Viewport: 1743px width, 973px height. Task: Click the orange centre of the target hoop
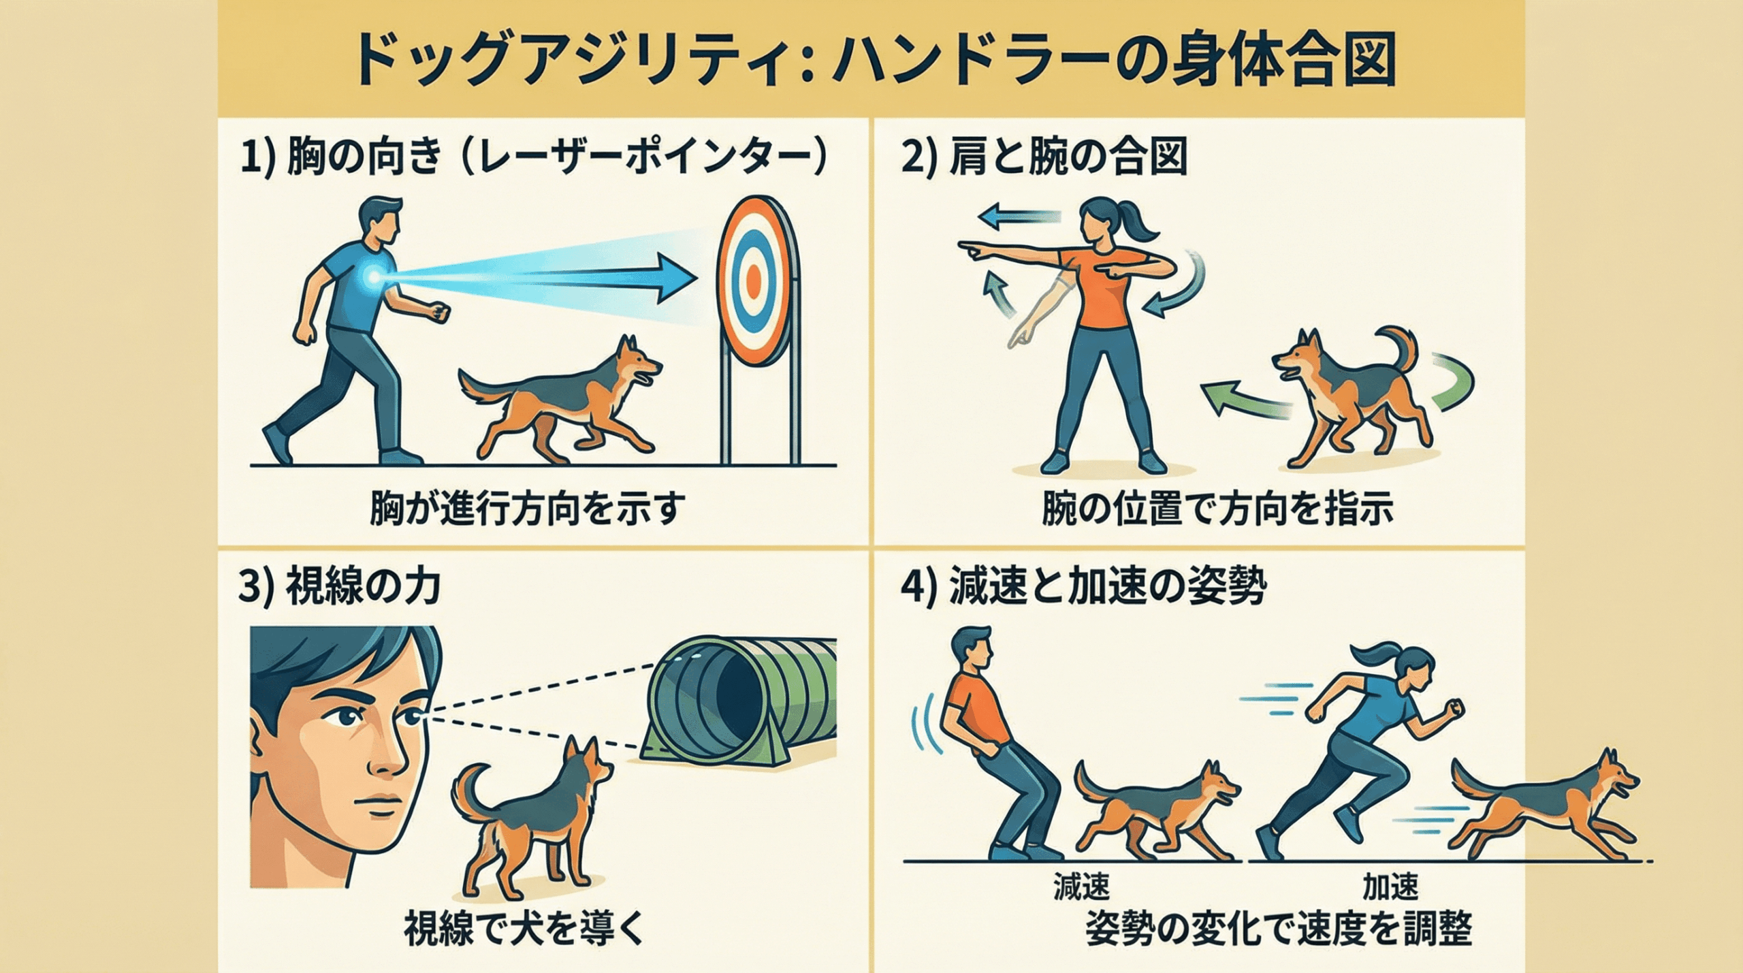point(753,277)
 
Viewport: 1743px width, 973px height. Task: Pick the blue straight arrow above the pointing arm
point(1019,217)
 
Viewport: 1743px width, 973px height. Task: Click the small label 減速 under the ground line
point(1081,886)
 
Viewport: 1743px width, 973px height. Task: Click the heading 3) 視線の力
point(339,587)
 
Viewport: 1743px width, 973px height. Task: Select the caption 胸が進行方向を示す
point(524,509)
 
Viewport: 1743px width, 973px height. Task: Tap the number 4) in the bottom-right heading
point(921,587)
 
